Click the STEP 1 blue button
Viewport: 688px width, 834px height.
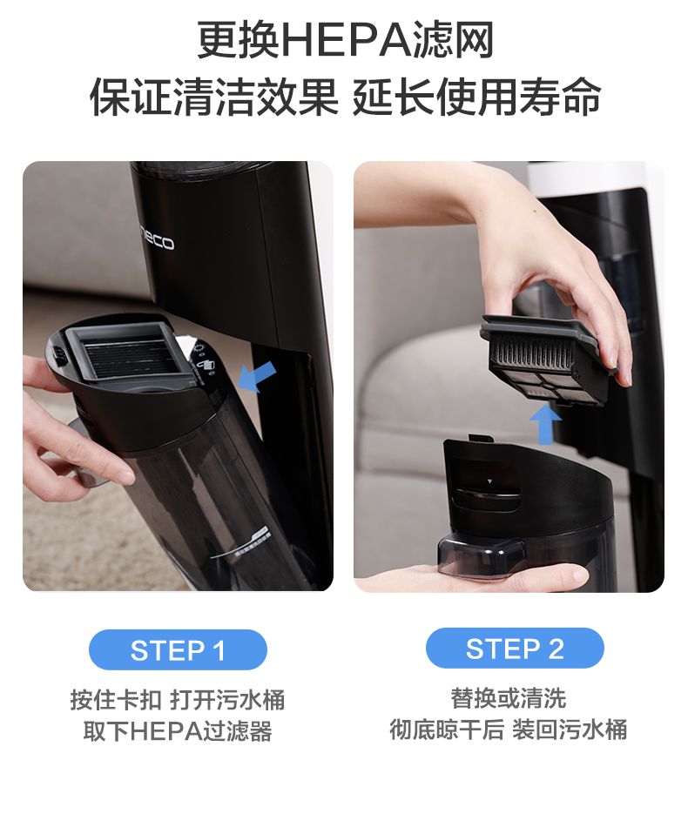pos(178,649)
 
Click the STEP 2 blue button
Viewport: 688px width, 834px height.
pos(515,648)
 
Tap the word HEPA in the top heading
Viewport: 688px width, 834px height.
pos(347,40)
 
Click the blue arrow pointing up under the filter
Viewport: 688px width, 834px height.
pos(545,424)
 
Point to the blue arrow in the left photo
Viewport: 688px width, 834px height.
pos(257,376)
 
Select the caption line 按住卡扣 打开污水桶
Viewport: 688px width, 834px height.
pos(178,699)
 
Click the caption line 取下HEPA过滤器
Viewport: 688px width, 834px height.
pos(178,730)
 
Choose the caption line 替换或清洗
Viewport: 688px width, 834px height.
pos(508,698)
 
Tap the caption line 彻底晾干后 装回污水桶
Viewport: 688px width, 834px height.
pos(508,730)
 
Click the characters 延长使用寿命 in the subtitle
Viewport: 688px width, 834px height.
pos(476,97)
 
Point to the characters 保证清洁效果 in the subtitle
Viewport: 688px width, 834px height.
pos(214,97)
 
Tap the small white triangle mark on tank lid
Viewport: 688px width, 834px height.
pos(490,481)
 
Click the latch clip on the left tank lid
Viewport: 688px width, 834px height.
pos(58,354)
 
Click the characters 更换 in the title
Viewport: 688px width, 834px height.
pos(237,40)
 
